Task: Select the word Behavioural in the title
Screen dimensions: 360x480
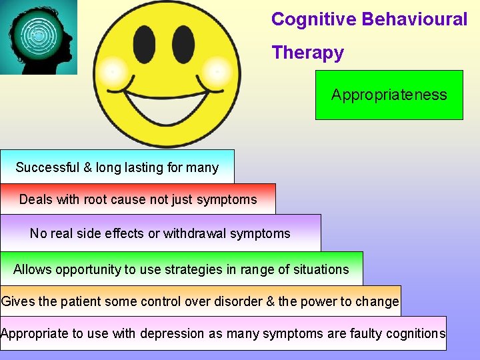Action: point(415,19)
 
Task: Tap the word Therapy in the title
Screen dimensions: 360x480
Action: point(307,53)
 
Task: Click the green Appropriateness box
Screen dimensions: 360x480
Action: point(389,95)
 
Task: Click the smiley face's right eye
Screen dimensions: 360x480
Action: point(183,44)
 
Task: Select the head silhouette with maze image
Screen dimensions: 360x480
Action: point(39,37)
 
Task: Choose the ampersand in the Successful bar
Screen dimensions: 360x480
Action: point(88,167)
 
